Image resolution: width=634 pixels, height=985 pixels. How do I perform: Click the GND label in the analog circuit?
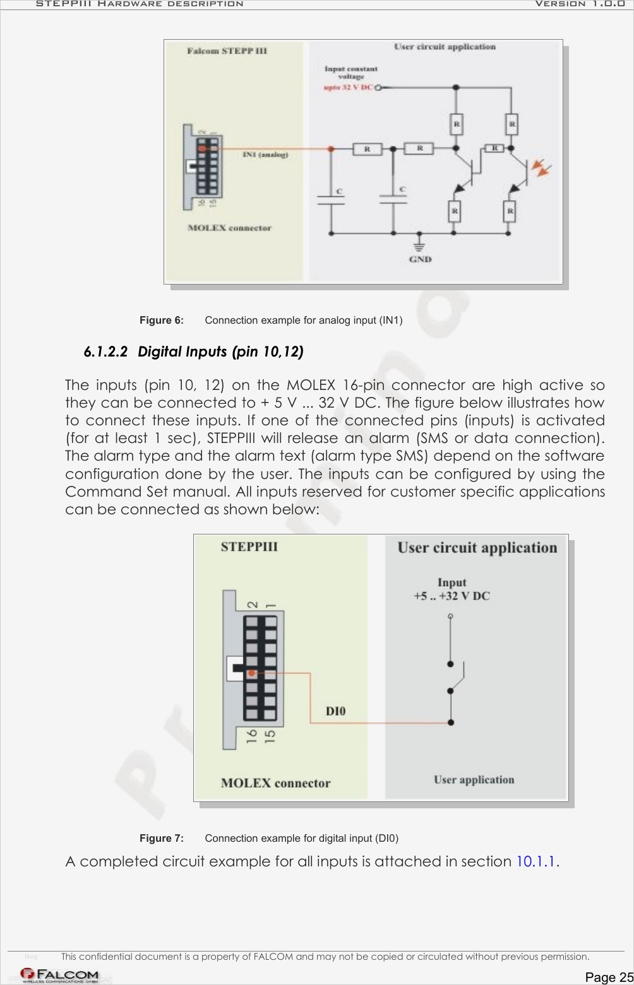(420, 259)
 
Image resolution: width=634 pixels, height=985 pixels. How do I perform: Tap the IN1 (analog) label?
(265, 154)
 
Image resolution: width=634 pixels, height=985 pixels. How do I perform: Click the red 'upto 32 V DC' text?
(348, 88)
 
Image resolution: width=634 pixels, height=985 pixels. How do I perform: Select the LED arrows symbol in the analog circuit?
(541, 168)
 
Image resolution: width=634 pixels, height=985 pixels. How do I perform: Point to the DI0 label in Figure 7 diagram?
(335, 711)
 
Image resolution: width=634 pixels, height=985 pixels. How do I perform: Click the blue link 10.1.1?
(537, 861)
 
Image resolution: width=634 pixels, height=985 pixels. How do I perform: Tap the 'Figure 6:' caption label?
(162, 321)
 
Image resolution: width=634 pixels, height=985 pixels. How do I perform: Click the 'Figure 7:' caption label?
(162, 839)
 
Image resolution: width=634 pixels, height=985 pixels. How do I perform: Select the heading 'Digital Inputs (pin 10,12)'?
(220, 351)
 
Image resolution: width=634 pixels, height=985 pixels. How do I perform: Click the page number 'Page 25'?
(608, 977)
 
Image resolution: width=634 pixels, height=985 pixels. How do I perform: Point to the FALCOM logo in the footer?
(60, 976)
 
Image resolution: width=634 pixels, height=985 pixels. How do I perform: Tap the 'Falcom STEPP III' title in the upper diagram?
(227, 50)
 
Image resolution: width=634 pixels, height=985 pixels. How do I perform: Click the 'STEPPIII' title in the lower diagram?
(249, 546)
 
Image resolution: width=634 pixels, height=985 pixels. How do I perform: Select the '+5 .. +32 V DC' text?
(452, 596)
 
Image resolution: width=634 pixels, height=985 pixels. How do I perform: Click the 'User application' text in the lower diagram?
(474, 780)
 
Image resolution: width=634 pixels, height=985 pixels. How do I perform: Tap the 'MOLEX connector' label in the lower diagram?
(275, 783)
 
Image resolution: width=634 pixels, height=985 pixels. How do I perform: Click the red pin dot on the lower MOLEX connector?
(251, 673)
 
